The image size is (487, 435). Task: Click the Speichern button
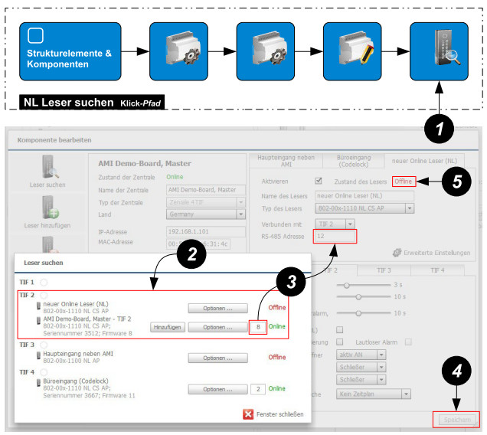click(x=456, y=420)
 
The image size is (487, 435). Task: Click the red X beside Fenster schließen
click(x=248, y=414)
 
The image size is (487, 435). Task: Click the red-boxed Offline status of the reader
click(x=404, y=182)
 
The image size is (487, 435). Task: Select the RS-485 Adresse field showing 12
click(x=335, y=237)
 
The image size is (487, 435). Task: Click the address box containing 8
click(x=259, y=327)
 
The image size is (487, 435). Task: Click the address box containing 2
click(x=259, y=389)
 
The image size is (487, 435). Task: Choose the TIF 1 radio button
click(x=44, y=283)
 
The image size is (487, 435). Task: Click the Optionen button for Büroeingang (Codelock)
click(x=217, y=389)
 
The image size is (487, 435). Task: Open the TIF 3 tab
click(x=384, y=270)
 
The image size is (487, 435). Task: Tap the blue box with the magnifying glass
click(x=439, y=51)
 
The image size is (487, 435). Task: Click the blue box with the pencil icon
click(x=352, y=51)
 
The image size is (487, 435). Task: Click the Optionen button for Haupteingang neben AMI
click(x=217, y=358)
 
